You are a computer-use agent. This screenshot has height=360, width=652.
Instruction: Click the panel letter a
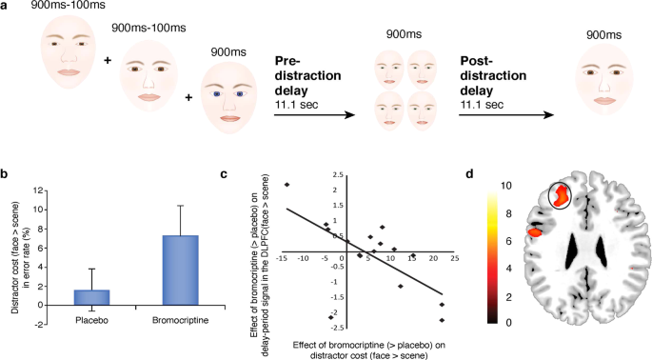(x=8, y=8)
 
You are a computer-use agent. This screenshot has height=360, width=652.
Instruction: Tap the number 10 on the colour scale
(x=507, y=187)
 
